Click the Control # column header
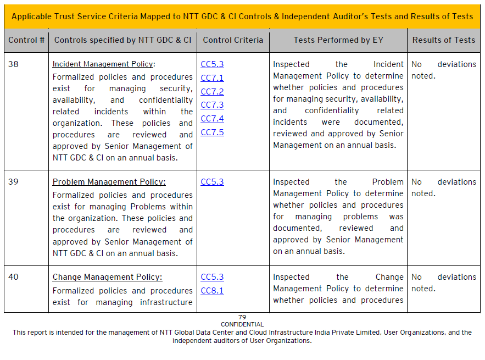pos(26,40)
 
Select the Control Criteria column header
pos(233,40)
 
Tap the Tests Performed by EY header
pos(338,40)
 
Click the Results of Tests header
pos(444,40)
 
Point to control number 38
pos(13,64)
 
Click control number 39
pos(13,182)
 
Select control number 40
pos(13,277)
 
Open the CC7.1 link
pos(212,78)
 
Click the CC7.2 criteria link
pos(212,92)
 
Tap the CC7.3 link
pos(212,105)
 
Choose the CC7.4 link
pos(212,119)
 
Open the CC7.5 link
pos(212,132)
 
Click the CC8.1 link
pos(212,291)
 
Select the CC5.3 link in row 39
pos(212,182)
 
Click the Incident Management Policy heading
pos(103,64)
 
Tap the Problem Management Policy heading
pos(109,182)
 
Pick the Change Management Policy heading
pos(107,277)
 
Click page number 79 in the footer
pos(242,317)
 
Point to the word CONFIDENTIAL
pos(242,324)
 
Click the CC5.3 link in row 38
pos(212,64)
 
